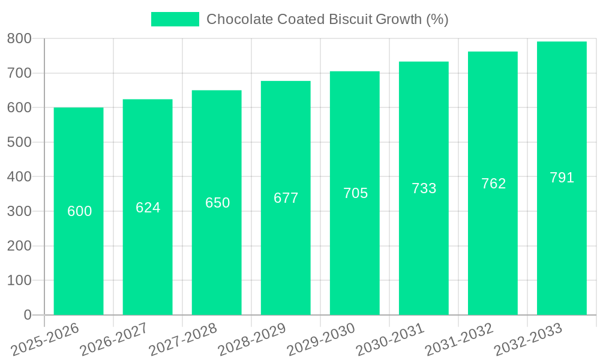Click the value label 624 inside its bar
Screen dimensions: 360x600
pos(148,208)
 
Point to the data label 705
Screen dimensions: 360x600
pos(355,193)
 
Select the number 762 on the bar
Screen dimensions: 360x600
pos(493,184)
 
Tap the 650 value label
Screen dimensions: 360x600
pos(217,203)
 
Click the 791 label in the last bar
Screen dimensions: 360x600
pos(562,178)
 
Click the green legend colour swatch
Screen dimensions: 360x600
pos(175,19)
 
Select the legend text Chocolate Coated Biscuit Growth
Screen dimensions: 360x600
pos(327,19)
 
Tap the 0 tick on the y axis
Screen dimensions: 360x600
pos(27,315)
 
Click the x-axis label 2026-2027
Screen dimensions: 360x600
pos(114,340)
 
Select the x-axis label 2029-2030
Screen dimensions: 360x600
pos(321,340)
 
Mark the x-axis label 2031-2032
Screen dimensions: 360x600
pos(459,340)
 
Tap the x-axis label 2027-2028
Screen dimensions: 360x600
pos(183,340)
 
